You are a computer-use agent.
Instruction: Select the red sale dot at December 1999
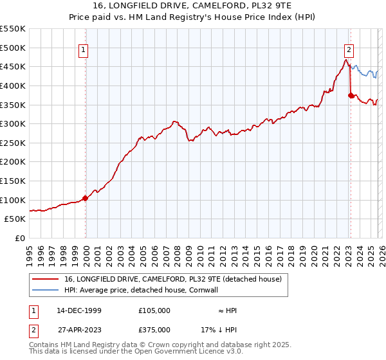click(x=86, y=198)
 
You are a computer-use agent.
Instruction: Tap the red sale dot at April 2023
click(x=351, y=96)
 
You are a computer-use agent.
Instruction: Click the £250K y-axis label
click(x=13, y=143)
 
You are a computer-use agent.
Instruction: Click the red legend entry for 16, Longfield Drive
click(x=173, y=280)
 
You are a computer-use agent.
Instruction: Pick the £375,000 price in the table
click(x=154, y=330)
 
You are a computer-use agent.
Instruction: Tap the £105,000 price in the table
click(x=154, y=310)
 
